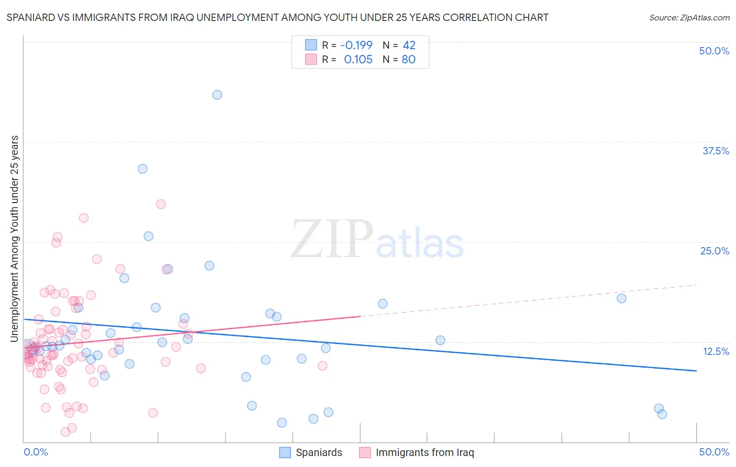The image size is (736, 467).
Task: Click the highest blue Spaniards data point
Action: point(217,95)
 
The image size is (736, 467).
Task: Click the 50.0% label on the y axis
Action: point(714,51)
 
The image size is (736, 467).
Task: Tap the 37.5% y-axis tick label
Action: point(716,151)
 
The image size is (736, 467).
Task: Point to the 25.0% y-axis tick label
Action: point(715,251)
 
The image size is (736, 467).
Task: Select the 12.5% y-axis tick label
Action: point(716,351)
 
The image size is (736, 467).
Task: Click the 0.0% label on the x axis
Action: point(36,452)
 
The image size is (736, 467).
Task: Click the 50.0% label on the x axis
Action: point(714,452)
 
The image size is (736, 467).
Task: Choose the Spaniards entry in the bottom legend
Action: point(318,453)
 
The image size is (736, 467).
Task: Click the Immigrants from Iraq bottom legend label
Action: point(425,453)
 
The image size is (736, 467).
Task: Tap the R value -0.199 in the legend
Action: point(356,45)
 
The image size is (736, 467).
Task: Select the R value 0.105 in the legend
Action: point(358,60)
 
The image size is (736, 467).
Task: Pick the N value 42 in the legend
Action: point(409,45)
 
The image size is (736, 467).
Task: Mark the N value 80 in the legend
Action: point(408,60)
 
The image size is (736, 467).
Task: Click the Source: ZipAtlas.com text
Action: point(689,17)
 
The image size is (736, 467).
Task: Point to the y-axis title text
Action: point(14,239)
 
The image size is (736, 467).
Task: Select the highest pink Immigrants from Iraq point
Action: point(161,204)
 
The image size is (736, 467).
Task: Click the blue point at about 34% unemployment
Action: point(142,169)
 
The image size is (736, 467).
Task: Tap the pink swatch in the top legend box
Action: point(311,59)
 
